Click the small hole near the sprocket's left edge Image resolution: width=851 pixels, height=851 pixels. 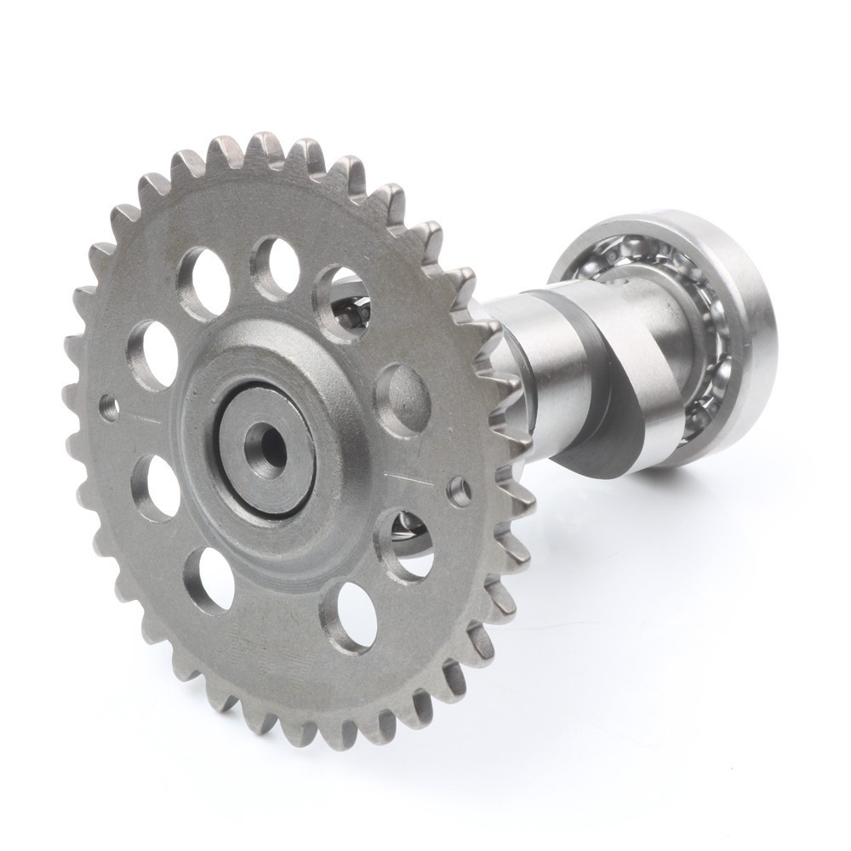pyautogui.click(x=109, y=407)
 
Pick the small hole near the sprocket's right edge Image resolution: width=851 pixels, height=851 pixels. pyautogui.click(x=460, y=490)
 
